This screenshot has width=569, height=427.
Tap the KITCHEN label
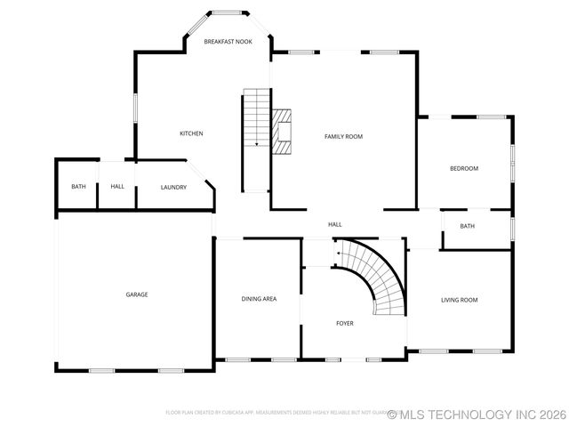tap(191, 133)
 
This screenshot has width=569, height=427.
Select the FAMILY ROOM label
tap(343, 136)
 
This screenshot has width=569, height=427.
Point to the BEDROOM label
tap(463, 168)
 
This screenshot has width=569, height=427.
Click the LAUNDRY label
tap(173, 187)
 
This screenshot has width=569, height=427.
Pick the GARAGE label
tap(136, 294)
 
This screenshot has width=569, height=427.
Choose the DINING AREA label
tap(259, 299)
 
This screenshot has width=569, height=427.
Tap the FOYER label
tap(345, 323)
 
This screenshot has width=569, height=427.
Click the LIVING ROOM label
tap(459, 300)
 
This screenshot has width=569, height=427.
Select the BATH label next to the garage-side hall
tap(78, 187)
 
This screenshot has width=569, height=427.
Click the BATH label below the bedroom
tap(467, 226)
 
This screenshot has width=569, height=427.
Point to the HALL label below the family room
tap(334, 224)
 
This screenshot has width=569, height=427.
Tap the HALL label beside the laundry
tap(117, 187)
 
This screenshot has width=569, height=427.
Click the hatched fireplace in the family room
tap(282, 132)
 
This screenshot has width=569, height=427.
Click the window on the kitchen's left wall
tap(135, 108)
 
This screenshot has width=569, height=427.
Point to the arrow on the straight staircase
tap(256, 142)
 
